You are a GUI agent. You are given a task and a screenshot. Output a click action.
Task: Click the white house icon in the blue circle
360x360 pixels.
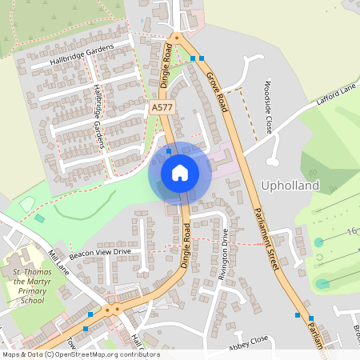[180, 172]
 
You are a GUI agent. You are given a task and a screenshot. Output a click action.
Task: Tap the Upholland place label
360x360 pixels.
[290, 186]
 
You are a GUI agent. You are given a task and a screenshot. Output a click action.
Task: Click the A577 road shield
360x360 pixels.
[160, 106]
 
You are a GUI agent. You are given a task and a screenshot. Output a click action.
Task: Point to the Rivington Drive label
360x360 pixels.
[226, 253]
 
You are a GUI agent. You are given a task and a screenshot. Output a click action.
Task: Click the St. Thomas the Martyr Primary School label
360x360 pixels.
[38, 287]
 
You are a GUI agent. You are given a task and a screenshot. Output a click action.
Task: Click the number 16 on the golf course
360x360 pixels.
[351, 232]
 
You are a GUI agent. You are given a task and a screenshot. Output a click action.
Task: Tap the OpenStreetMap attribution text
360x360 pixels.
[81, 354]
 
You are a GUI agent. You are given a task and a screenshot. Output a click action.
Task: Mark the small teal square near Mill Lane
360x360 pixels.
[40, 218]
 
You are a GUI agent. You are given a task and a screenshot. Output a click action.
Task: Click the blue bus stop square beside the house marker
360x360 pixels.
[169, 149]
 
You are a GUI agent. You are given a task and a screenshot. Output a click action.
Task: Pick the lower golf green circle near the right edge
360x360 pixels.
[322, 283]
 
